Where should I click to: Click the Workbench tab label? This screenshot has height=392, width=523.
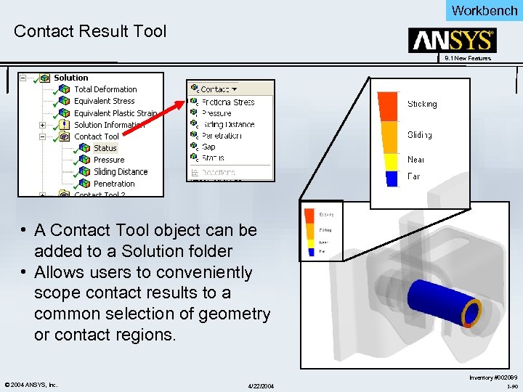(x=484, y=10)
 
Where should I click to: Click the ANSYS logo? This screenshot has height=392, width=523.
(x=452, y=40)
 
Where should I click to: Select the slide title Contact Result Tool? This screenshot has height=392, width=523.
(x=90, y=31)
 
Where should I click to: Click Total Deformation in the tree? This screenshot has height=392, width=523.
(x=105, y=89)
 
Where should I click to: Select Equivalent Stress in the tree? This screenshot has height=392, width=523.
(x=104, y=101)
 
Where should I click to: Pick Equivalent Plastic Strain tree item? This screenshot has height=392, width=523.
(x=115, y=113)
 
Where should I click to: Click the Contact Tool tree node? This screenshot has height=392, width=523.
(x=96, y=136)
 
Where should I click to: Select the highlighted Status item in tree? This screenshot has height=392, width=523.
(x=105, y=148)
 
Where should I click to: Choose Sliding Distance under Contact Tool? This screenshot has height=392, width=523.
(x=120, y=172)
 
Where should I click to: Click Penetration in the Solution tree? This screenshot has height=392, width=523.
(x=114, y=184)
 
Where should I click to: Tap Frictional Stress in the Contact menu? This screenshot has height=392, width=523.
(x=228, y=102)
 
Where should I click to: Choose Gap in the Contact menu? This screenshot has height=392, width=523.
(x=208, y=147)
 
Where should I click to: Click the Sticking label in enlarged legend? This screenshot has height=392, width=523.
(x=422, y=105)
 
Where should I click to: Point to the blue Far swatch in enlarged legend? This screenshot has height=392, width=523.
(x=392, y=176)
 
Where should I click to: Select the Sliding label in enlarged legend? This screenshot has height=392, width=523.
(x=419, y=135)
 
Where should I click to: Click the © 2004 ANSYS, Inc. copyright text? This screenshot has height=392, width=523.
(x=31, y=384)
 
